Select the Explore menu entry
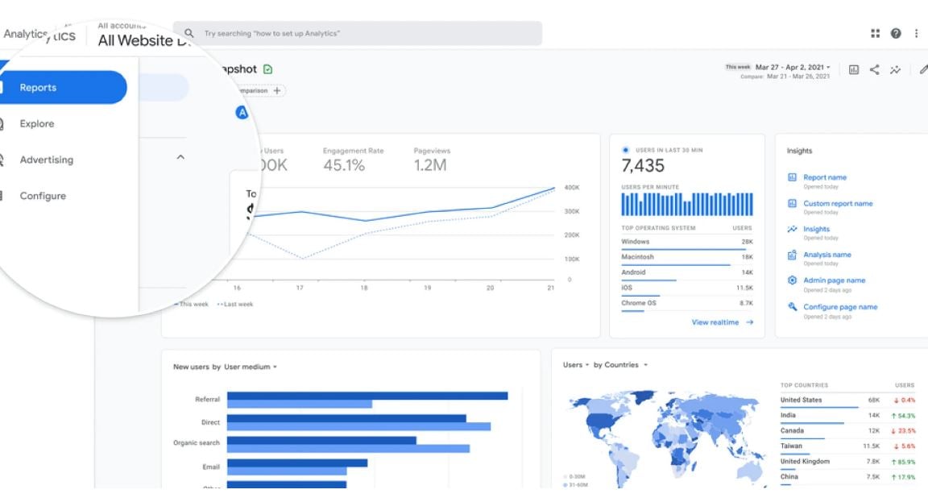(x=37, y=124)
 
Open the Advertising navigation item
(x=46, y=160)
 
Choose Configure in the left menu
(x=43, y=196)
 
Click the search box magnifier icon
(x=189, y=33)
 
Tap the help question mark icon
(x=896, y=33)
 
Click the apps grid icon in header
(x=876, y=33)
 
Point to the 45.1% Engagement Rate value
(x=344, y=165)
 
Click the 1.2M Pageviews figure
(x=430, y=165)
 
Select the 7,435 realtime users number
(x=643, y=166)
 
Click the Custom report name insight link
(x=838, y=204)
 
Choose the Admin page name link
(x=834, y=280)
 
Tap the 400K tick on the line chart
(x=572, y=187)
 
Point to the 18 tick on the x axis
(x=364, y=288)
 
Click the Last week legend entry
(x=236, y=305)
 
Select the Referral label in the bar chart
(x=207, y=399)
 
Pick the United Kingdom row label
(x=805, y=462)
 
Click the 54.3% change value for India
(x=903, y=416)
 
